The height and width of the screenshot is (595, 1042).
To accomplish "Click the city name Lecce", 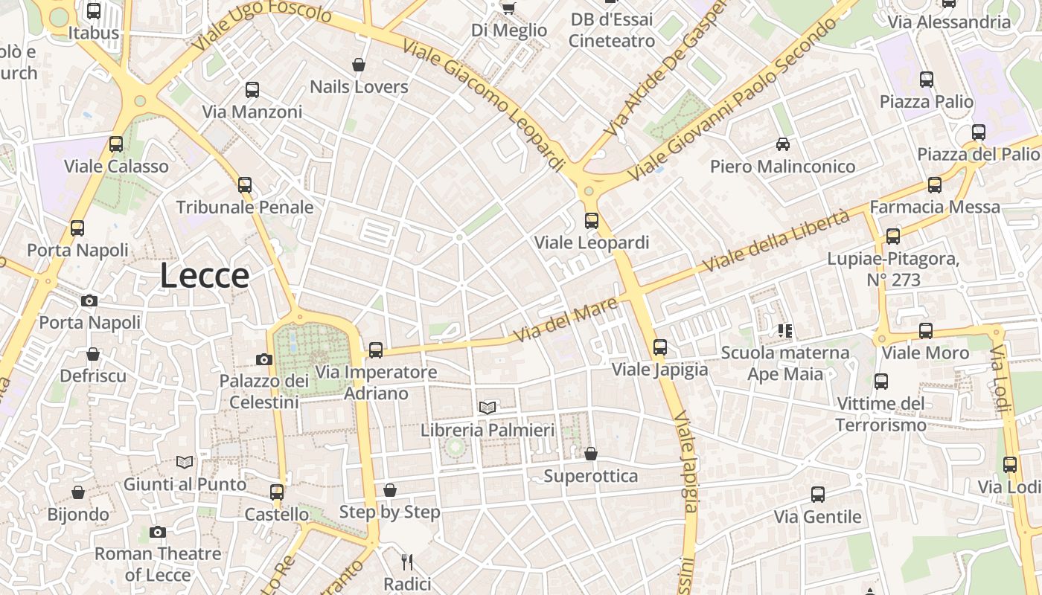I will click(x=205, y=276).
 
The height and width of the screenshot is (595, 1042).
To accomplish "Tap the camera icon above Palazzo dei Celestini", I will click(x=263, y=360).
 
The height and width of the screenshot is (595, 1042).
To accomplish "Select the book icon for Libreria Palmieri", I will click(x=488, y=408).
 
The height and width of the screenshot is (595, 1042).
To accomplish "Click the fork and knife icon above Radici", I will click(x=406, y=562).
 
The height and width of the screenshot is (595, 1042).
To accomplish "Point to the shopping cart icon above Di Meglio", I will click(x=508, y=8).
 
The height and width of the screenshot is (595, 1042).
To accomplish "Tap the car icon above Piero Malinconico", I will click(x=782, y=144).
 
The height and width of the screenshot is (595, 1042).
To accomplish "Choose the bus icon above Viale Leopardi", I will click(x=592, y=220).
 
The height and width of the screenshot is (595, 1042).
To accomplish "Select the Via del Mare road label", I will click(x=566, y=320).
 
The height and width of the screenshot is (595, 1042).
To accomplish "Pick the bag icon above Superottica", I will click(x=591, y=454).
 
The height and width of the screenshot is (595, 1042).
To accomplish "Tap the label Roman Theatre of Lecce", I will click(x=158, y=564).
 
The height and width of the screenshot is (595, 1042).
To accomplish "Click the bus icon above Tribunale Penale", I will click(x=245, y=184).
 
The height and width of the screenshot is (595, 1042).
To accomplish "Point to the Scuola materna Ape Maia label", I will click(x=785, y=363).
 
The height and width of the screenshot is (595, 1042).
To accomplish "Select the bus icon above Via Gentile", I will click(x=817, y=495).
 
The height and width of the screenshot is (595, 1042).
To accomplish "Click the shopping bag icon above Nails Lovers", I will click(x=359, y=65).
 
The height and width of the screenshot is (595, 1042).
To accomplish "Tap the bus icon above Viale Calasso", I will click(x=116, y=144).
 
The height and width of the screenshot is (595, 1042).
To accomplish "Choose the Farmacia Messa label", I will click(x=935, y=207).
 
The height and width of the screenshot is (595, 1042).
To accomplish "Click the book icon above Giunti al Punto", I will click(x=185, y=462).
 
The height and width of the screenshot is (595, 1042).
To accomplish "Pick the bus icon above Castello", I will click(x=277, y=492).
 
